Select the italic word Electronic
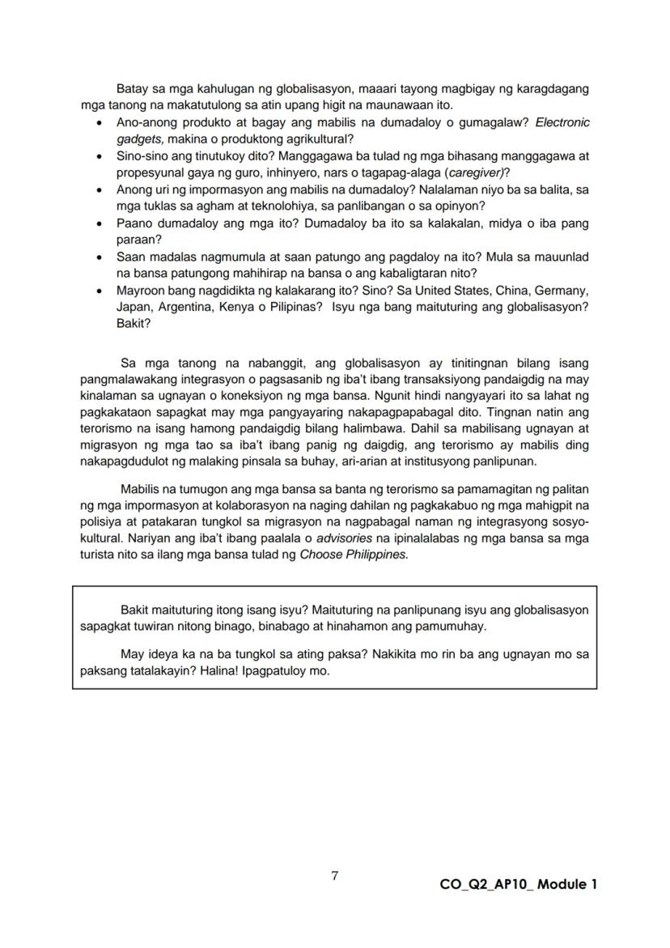[x=562, y=122]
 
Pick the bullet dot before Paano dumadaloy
[x=99, y=223]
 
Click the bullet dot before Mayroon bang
[x=99, y=290]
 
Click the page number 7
[x=335, y=876]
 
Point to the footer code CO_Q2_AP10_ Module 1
[x=518, y=884]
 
